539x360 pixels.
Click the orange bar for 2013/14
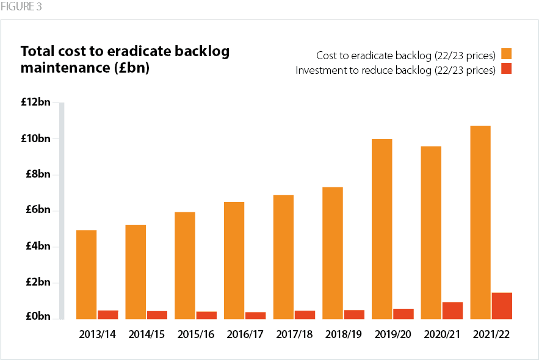87,275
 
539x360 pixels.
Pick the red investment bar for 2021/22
502,306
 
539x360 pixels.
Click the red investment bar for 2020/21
452,311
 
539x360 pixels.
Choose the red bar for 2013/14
107,315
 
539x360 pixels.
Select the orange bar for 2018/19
333,253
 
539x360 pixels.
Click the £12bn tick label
36,103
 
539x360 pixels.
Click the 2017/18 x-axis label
294,335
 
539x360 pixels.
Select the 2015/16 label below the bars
195,335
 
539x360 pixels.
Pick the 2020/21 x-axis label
442,335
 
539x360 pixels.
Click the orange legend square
505,54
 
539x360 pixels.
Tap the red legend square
505,69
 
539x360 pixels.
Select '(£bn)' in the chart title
131,68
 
